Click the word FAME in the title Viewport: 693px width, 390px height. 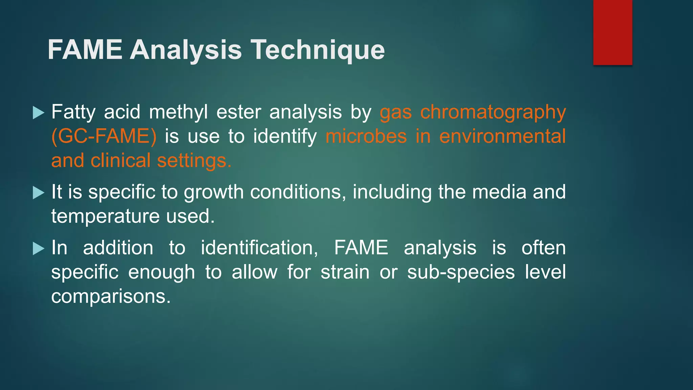85,50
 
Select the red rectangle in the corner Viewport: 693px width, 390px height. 612,32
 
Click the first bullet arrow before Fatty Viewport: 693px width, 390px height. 39,113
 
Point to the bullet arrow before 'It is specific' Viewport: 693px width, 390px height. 39,193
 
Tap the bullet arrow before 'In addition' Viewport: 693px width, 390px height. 39,248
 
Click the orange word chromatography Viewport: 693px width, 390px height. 493,112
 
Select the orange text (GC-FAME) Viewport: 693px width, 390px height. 104,136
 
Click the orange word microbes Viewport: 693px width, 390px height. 366,136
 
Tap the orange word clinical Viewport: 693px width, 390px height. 120,160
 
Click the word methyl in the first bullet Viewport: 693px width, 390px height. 178,112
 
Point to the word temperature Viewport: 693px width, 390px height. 105,216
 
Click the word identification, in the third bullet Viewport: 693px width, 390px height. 259,248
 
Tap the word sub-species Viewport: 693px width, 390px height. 461,272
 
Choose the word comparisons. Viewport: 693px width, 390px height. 111,297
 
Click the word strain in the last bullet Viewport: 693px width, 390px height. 345,272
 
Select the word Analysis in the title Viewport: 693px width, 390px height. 186,50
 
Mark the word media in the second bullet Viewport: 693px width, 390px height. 499,192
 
